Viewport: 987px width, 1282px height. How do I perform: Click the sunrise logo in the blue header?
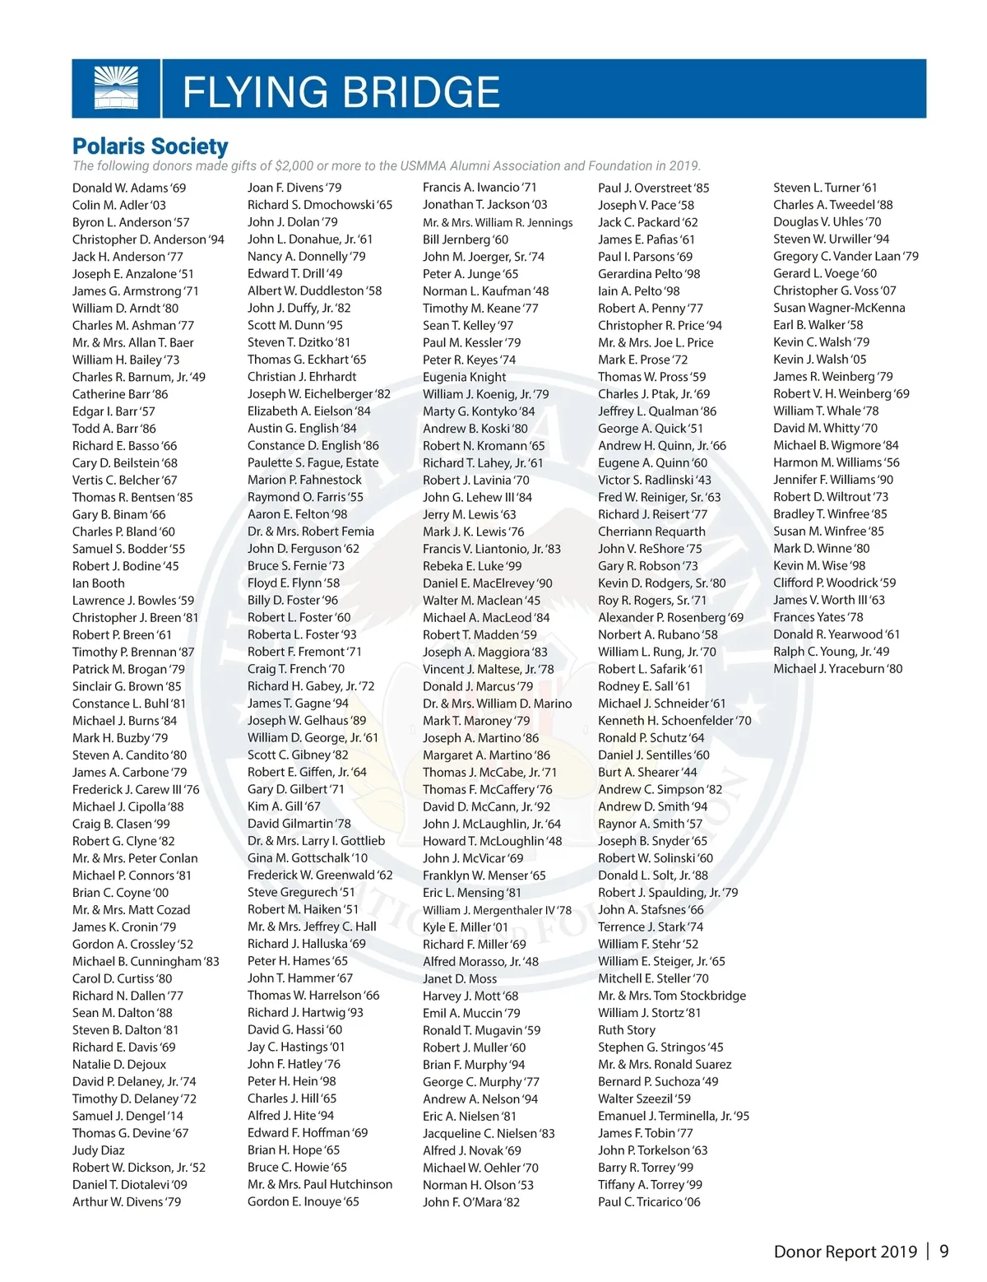click(x=116, y=88)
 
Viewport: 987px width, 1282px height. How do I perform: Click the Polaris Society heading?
click(x=151, y=146)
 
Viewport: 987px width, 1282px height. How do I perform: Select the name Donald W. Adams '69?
click(x=129, y=188)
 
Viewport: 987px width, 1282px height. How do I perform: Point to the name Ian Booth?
click(x=99, y=583)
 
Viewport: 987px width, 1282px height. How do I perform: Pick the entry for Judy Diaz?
click(x=99, y=1150)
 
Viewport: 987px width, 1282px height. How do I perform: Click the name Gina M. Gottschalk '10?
click(x=308, y=858)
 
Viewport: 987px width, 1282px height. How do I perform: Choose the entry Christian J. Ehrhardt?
click(x=302, y=377)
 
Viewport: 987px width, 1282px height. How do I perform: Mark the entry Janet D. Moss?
click(x=460, y=979)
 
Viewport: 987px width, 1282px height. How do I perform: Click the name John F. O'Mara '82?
click(x=471, y=1202)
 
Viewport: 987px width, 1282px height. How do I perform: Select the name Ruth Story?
click(x=627, y=1030)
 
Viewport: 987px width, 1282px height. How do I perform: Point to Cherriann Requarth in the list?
click(x=651, y=532)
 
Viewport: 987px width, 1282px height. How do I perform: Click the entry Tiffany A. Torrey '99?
click(x=650, y=1185)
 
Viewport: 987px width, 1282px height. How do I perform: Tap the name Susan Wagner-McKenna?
click(x=839, y=308)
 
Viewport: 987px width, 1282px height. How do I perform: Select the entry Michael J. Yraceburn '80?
click(x=837, y=669)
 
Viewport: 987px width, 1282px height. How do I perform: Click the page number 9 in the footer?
click(x=944, y=1252)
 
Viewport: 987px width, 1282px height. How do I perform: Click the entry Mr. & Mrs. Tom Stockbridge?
click(x=672, y=996)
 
